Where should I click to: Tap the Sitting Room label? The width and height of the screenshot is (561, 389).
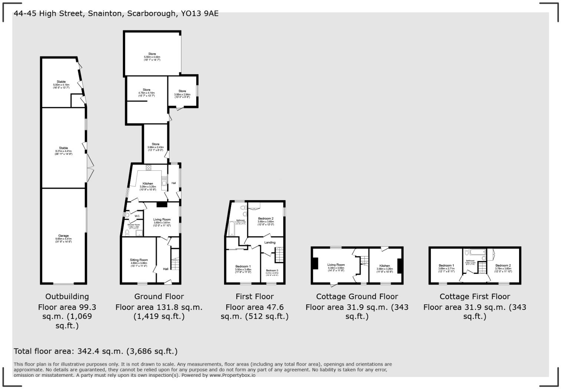tap(139, 260)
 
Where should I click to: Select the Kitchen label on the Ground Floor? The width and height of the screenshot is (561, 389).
tap(148, 184)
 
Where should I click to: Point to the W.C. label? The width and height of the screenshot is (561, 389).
tap(137, 216)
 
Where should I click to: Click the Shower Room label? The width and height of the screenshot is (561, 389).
tap(134, 225)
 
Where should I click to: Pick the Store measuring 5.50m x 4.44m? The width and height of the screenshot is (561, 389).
tap(152, 54)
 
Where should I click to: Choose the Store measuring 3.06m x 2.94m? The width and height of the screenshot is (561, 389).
tap(182, 91)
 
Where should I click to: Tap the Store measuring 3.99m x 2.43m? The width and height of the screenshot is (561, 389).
tap(155, 144)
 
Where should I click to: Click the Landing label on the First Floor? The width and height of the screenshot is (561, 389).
tap(270, 243)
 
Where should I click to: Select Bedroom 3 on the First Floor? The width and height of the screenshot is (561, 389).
tap(272, 271)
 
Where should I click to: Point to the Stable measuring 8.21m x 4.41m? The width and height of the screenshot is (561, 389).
tap(63, 148)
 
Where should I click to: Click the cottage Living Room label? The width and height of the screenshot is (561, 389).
tap(336, 265)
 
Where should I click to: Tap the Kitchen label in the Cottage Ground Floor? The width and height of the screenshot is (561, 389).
tap(385, 266)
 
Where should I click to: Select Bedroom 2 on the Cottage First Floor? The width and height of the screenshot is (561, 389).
tap(503, 265)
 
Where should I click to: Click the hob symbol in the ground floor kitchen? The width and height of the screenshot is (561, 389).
tap(148, 167)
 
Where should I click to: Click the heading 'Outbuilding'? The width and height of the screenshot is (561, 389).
tap(67, 297)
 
